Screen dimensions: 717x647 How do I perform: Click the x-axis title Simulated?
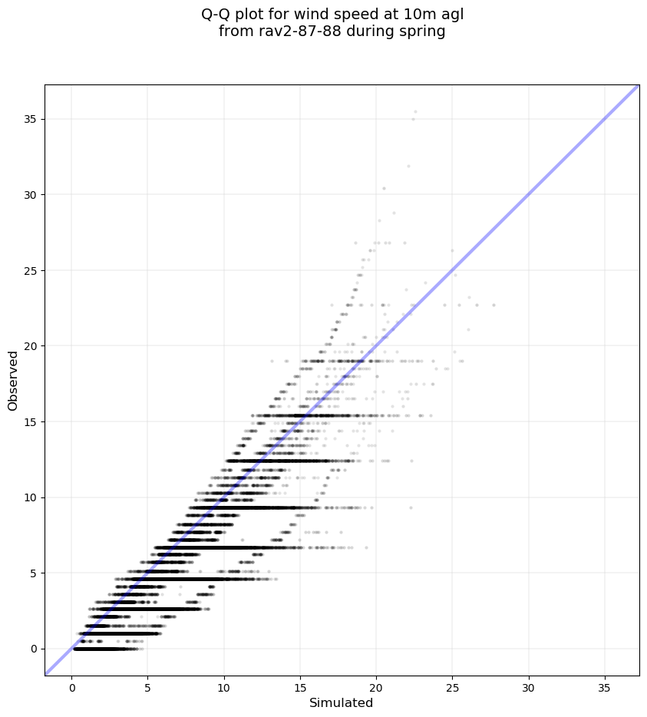(x=341, y=703)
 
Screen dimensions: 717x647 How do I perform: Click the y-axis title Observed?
(x=13, y=380)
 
